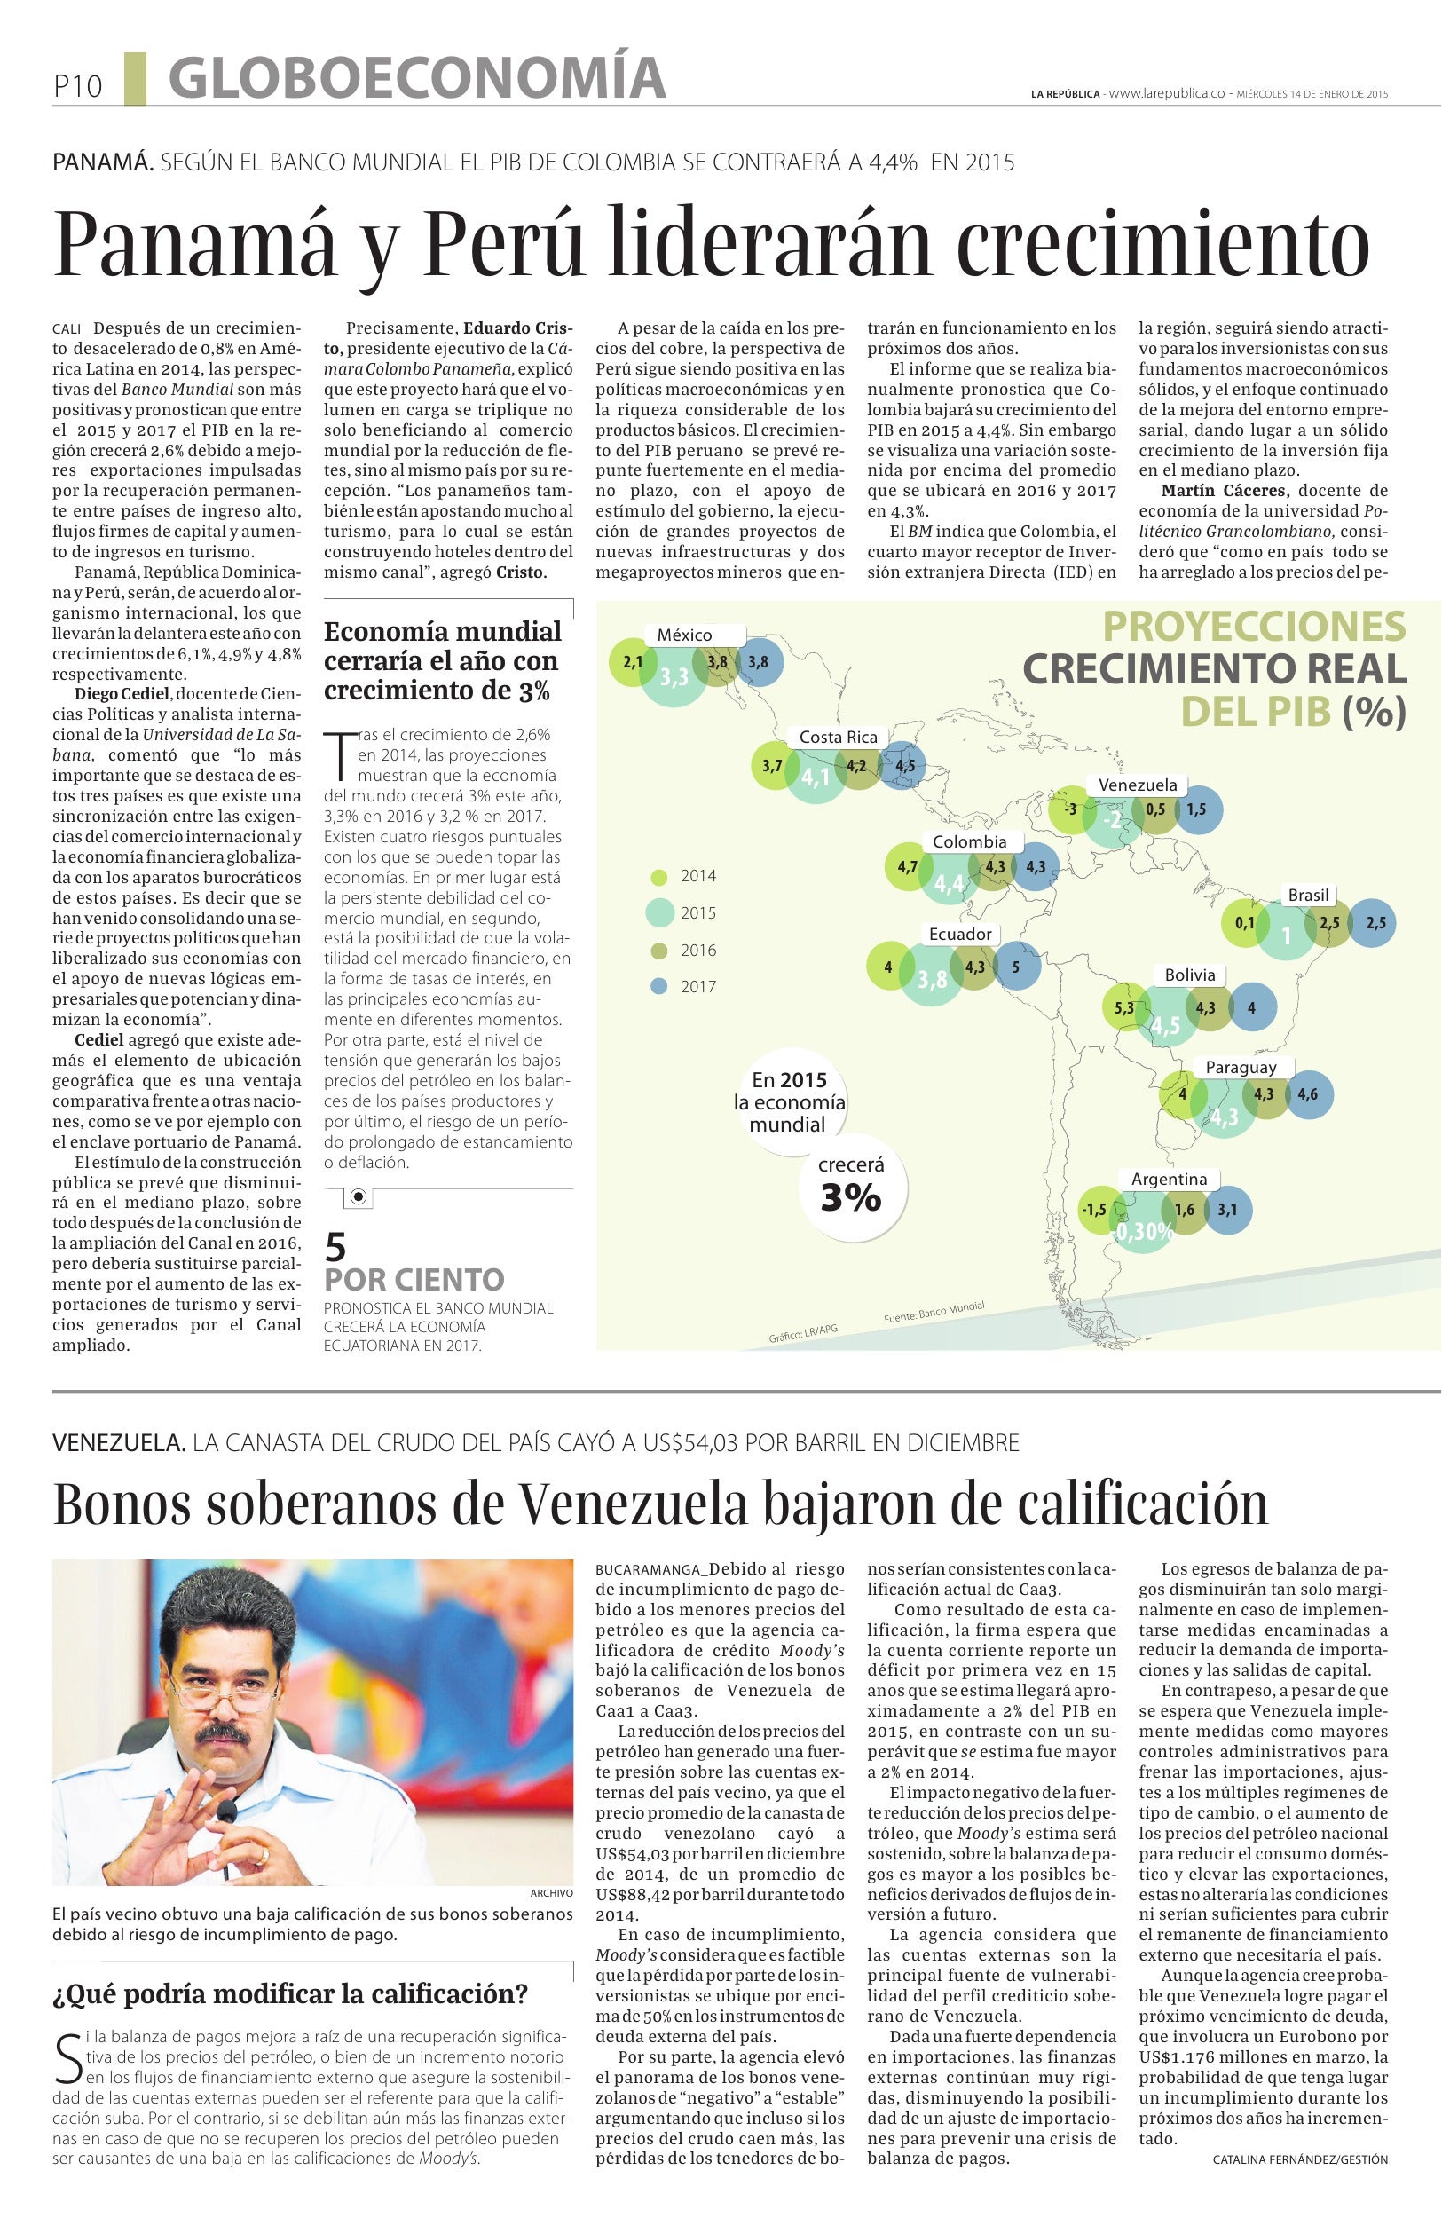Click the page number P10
(x=76, y=87)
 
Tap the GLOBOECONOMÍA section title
(x=417, y=78)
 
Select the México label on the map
(x=684, y=635)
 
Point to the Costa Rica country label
(x=838, y=738)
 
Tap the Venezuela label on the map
(x=1137, y=785)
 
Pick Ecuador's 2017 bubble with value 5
(x=1015, y=967)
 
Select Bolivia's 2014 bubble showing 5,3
(x=1123, y=1008)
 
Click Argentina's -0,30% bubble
(x=1142, y=1231)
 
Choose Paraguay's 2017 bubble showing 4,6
(x=1307, y=1095)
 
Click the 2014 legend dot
(x=659, y=876)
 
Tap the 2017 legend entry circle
(x=659, y=986)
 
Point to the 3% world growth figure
(x=849, y=1197)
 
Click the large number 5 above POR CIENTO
(x=335, y=1246)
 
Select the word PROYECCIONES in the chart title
(x=1254, y=627)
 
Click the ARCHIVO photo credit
(x=550, y=1893)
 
